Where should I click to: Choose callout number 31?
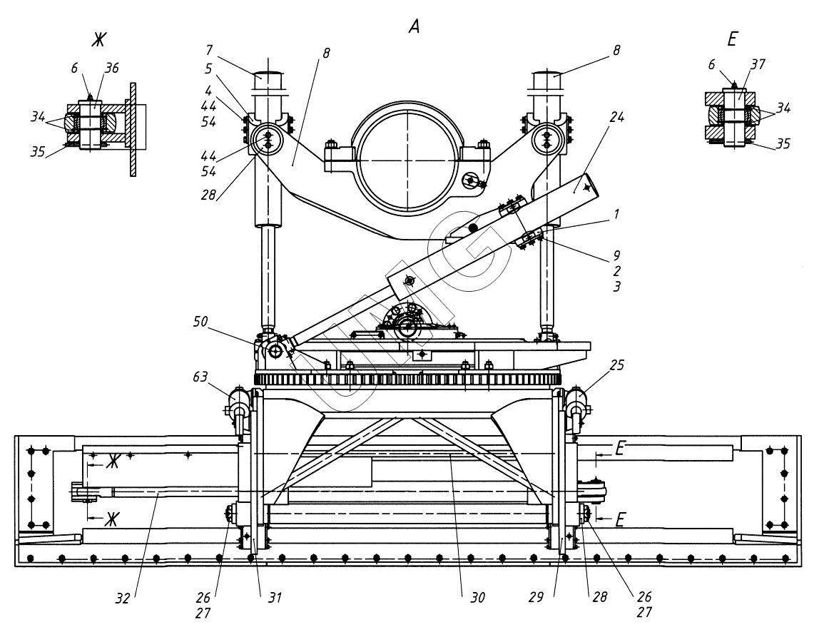(x=275, y=598)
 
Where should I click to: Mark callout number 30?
(x=477, y=598)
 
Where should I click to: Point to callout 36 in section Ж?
(x=112, y=68)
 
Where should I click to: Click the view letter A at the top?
(x=413, y=27)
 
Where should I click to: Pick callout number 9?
(x=616, y=255)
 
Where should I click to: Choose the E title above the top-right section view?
(x=732, y=41)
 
